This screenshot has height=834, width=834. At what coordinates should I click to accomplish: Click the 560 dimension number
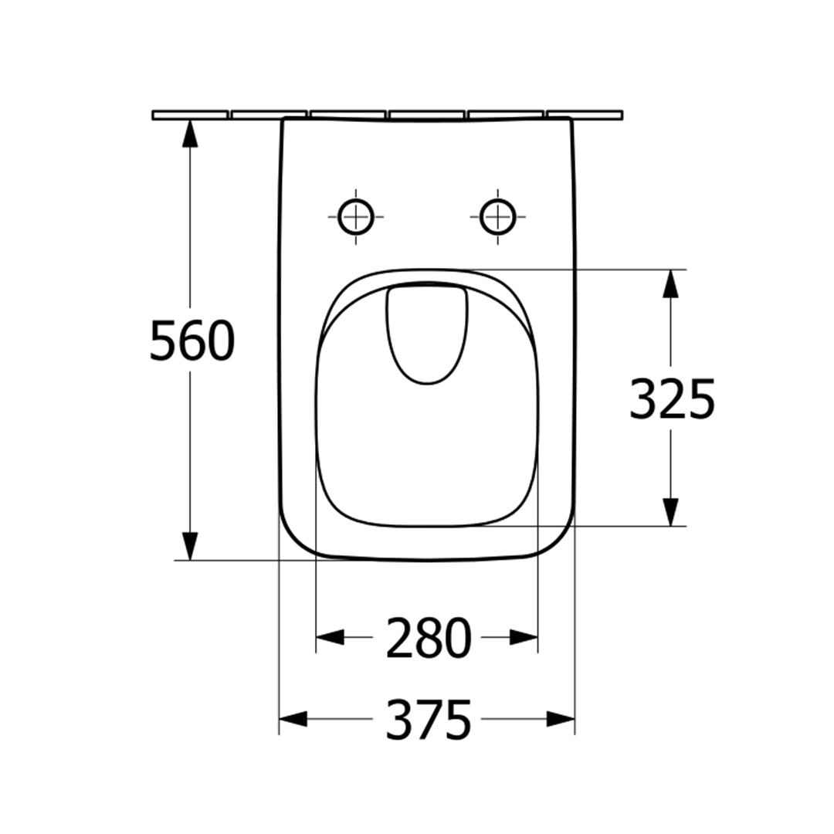click(x=192, y=341)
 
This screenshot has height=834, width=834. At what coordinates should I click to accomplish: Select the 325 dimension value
click(x=673, y=399)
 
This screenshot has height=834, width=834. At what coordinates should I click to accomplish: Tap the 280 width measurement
click(x=428, y=638)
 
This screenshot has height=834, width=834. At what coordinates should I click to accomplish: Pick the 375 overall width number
click(x=428, y=720)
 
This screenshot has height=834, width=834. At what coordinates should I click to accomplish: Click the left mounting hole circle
click(x=356, y=217)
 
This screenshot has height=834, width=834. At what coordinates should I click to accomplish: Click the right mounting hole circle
click(x=498, y=217)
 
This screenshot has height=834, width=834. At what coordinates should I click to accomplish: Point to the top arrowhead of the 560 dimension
click(x=190, y=133)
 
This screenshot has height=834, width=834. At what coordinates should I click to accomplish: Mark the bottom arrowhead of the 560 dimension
click(x=190, y=546)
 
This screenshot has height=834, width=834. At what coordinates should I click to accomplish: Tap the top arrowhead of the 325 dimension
click(x=671, y=283)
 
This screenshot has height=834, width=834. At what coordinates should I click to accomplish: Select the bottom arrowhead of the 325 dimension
click(x=671, y=512)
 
